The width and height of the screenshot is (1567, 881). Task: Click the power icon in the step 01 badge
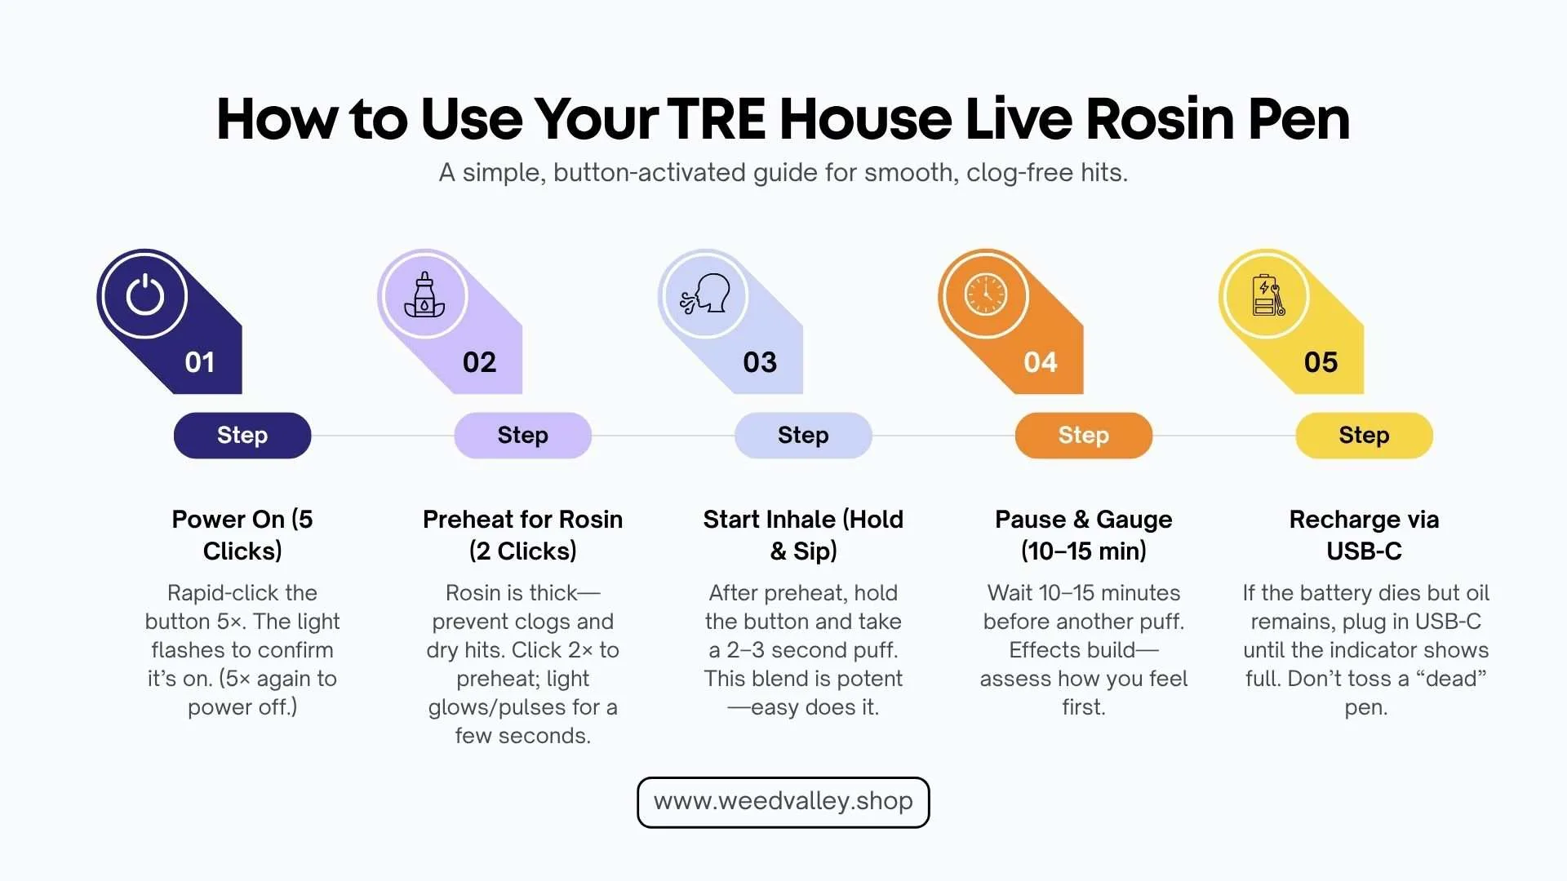point(144,294)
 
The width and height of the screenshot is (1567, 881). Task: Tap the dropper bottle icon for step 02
point(424,294)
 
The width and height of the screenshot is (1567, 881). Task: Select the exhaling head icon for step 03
point(705,294)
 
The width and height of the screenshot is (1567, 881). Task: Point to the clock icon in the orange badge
point(985,294)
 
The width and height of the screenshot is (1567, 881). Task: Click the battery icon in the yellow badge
point(1267,294)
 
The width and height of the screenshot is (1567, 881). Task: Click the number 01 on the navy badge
point(200,362)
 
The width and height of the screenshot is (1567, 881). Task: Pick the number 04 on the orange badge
point(1041,362)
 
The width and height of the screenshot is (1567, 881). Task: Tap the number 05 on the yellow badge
point(1321,362)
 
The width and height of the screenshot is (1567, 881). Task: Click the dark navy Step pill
point(242,436)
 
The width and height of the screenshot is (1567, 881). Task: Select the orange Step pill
point(1083,436)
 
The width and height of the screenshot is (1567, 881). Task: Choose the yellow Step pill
point(1364,436)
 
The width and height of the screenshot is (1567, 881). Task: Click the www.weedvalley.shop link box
point(783,802)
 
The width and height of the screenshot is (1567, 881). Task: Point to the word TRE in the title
point(717,119)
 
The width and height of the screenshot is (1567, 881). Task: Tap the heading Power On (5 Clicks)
point(242,535)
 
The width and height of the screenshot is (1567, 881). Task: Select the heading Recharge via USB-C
point(1364,535)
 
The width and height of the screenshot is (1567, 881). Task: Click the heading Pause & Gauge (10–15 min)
point(1083,535)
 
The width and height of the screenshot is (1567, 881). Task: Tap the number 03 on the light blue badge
point(760,362)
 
